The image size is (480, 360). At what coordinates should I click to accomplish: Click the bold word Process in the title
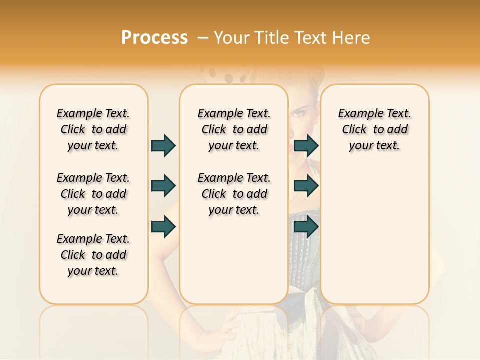pyautogui.click(x=154, y=37)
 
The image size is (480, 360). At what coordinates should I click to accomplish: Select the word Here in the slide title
pyautogui.click(x=352, y=37)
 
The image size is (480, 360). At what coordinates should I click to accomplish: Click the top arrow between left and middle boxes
pyautogui.click(x=163, y=145)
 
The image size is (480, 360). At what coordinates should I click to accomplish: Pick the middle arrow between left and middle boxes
pyautogui.click(x=163, y=186)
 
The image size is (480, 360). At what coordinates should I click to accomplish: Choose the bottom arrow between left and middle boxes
pyautogui.click(x=163, y=226)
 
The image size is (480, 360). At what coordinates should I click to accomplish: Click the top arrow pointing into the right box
pyautogui.click(x=306, y=145)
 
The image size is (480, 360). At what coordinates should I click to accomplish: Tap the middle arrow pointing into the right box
pyautogui.click(x=306, y=186)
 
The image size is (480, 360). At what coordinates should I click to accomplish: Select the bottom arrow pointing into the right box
pyautogui.click(x=306, y=226)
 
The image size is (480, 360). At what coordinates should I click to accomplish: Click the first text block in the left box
pyautogui.click(x=93, y=129)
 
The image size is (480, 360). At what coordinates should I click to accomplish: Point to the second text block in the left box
pyautogui.click(x=93, y=194)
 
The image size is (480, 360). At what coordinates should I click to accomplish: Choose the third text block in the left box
pyautogui.click(x=93, y=255)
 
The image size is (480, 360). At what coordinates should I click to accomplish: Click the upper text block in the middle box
pyautogui.click(x=234, y=129)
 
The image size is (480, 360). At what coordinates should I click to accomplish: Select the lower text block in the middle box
pyautogui.click(x=234, y=194)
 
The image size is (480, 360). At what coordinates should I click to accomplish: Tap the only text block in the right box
pyautogui.click(x=374, y=129)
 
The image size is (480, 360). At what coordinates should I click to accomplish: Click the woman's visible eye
pyautogui.click(x=299, y=114)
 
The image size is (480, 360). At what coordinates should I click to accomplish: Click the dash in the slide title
pyautogui.click(x=203, y=37)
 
